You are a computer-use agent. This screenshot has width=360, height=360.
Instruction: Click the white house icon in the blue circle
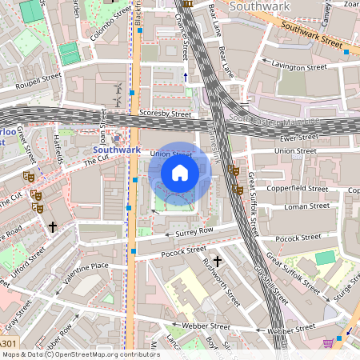point(180,172)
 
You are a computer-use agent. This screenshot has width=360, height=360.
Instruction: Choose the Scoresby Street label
point(165,114)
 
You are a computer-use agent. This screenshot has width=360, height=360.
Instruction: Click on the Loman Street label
point(307,206)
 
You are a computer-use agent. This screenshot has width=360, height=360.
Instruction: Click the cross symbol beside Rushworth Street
point(216,261)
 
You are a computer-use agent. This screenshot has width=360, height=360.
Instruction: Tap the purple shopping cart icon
point(328,343)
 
